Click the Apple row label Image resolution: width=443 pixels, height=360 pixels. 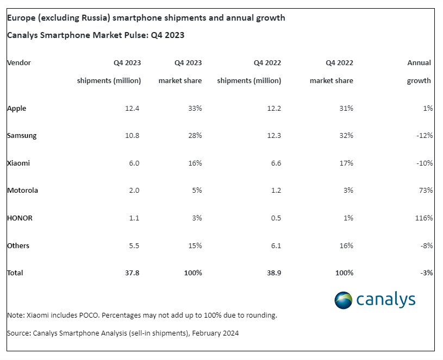coord(17,109)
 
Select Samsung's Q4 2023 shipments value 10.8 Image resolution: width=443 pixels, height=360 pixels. coord(132,136)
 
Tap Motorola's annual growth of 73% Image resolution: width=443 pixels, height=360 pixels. coord(426,191)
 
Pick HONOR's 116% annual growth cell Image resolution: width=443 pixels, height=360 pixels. coord(424,218)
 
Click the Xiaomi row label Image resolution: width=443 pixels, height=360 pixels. coord(18,163)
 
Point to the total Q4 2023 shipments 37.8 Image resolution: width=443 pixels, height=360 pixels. coord(132,273)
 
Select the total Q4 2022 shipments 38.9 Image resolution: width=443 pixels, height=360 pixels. coord(274,273)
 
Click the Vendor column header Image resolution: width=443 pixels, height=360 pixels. coord(19,62)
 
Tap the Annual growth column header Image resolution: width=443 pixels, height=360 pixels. coord(419,72)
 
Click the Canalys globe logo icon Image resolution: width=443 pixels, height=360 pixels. coord(344,300)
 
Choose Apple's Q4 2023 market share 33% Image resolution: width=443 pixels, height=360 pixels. coord(195,109)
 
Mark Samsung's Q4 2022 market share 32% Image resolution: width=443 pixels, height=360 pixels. coord(346,136)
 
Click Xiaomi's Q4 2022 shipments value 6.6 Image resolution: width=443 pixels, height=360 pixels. coord(276,163)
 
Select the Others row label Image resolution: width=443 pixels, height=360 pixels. coord(18,246)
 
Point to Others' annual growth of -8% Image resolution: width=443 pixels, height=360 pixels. coord(427,246)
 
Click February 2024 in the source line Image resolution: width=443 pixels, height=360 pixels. coord(215,333)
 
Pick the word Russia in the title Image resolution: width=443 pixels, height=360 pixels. coord(94,18)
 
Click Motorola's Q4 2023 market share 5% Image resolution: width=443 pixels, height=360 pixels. coord(197,191)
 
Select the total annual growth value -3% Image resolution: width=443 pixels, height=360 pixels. coord(427,273)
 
